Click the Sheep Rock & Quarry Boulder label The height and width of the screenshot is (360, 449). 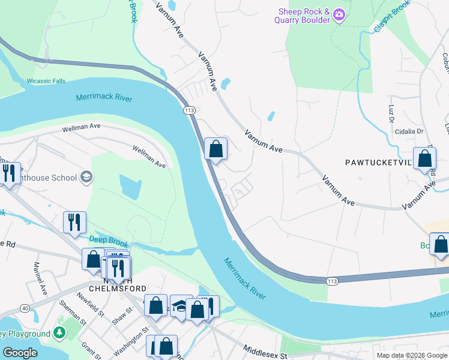(x=303, y=16)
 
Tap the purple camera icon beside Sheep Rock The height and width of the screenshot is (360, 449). (x=339, y=14)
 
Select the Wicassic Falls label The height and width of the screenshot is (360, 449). (x=46, y=81)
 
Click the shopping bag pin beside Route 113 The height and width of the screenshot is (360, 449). (x=215, y=149)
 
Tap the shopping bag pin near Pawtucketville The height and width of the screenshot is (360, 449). (x=424, y=160)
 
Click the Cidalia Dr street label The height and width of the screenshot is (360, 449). (x=409, y=131)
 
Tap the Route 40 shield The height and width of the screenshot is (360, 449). (x=24, y=308)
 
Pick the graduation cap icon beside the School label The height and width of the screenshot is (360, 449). (x=86, y=176)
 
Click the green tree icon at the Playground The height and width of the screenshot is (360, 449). (x=59, y=332)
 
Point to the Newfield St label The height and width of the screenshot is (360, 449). (x=90, y=301)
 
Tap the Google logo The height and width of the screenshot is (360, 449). (x=20, y=353)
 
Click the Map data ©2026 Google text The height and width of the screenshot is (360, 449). (x=411, y=355)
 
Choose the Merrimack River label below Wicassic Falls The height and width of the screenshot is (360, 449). (x=104, y=98)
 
